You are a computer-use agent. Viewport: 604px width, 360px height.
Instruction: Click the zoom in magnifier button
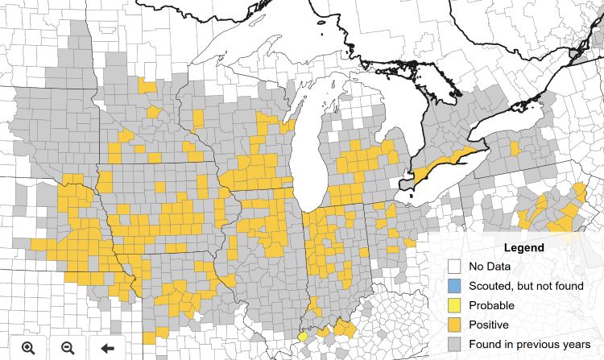coord(28,347)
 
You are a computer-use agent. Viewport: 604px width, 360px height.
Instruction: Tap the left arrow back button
coord(107,347)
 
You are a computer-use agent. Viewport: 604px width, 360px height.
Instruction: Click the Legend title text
coord(523,247)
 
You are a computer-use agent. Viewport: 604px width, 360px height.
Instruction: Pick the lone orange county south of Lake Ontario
coord(515,148)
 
